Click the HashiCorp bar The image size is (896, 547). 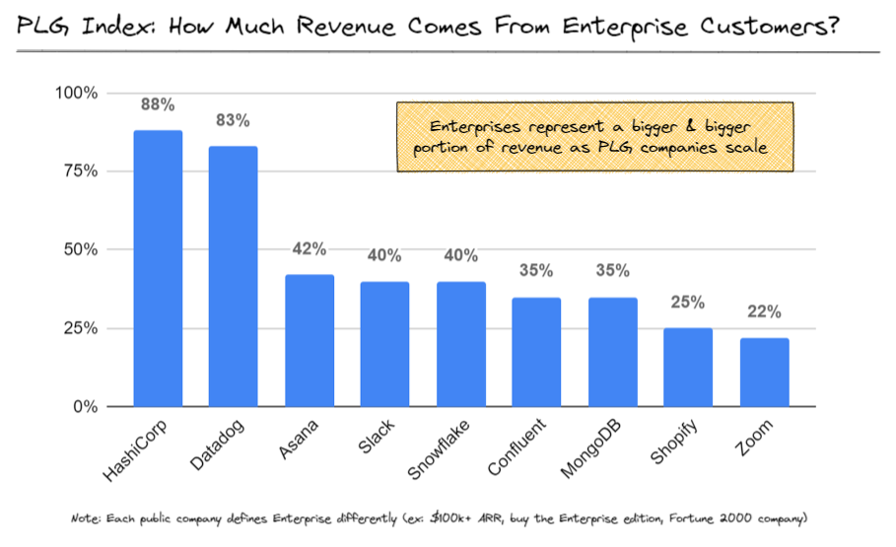point(158,268)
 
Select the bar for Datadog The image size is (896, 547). point(233,276)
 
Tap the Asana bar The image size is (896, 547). point(309,340)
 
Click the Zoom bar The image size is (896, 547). point(763,372)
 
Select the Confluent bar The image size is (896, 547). point(536,352)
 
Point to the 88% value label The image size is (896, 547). point(158,103)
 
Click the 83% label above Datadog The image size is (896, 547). point(233,120)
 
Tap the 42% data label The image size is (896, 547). point(309,249)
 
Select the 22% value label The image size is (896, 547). point(763,312)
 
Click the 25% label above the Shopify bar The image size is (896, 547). point(687,303)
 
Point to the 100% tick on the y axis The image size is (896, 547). point(76,94)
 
